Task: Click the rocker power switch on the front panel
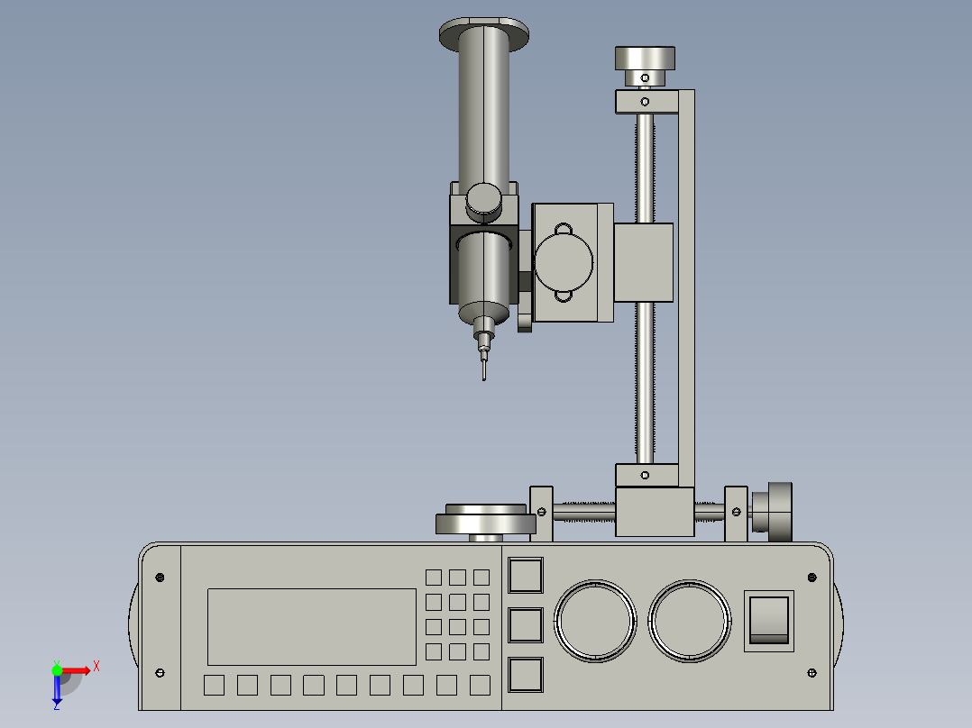[768, 620]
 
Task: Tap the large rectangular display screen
[312, 627]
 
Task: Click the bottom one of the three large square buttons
[527, 675]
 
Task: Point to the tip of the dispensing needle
[484, 378]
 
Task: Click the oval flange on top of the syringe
[485, 34]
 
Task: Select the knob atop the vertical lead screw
[645, 59]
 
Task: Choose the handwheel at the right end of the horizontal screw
[773, 511]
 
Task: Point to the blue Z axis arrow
[57, 691]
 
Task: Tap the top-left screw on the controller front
[160, 577]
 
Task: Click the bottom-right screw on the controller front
[812, 672]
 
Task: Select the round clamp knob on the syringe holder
[484, 199]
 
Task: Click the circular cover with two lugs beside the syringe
[564, 260]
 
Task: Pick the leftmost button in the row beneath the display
[214, 686]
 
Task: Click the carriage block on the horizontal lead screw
[655, 511]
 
